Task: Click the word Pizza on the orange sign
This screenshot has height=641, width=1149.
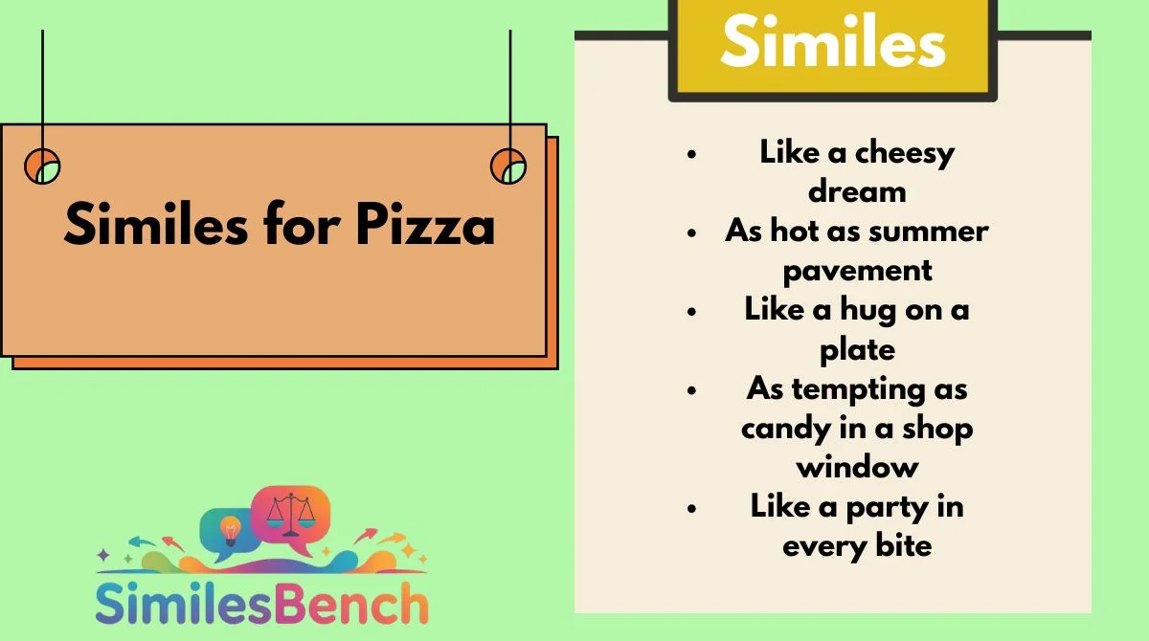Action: pos(425,225)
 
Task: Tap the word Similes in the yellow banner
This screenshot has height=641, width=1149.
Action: pos(833,41)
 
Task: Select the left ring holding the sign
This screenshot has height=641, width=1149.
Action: pos(42,166)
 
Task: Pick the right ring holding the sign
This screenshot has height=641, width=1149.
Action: pos(508,166)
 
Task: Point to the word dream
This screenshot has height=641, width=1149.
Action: pos(857,191)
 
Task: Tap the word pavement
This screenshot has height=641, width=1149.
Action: pos(857,272)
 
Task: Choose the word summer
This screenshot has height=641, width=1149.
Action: pos(929,232)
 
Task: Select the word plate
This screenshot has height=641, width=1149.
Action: pos(857,350)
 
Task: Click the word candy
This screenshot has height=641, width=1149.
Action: pos(785,429)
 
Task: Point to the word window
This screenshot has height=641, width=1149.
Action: pos(857,467)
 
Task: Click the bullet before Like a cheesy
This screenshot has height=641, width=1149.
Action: pos(692,154)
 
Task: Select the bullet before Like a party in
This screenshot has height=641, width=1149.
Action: pos(692,508)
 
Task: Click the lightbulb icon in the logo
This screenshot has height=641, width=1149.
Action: pos(231,530)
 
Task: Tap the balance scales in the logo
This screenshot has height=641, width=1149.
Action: pos(291,515)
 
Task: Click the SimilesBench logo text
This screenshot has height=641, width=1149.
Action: pos(261,604)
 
